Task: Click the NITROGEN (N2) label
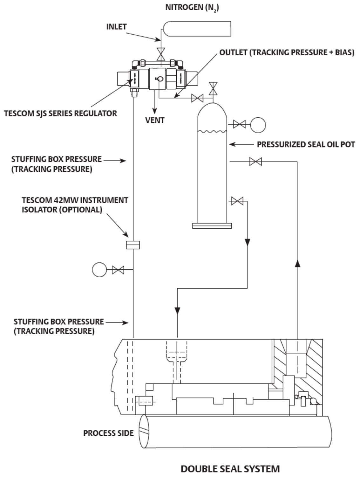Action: point(192,8)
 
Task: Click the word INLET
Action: point(116,27)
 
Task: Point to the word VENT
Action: point(155,121)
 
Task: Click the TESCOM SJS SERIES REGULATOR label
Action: point(60,114)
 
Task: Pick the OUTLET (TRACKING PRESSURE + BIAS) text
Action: point(287,52)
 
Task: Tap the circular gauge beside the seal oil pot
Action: point(258,125)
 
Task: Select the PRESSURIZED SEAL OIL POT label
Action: point(306,145)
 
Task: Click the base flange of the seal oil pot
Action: point(212,226)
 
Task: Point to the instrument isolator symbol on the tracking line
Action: point(133,245)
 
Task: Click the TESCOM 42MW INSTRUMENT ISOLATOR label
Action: point(75,205)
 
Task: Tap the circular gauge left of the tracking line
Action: point(99,270)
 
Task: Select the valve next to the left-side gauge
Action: point(118,270)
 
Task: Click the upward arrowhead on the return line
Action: point(297,263)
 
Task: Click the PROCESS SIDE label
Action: point(108,433)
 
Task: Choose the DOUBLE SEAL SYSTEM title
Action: point(230,469)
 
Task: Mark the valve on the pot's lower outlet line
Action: point(237,201)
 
